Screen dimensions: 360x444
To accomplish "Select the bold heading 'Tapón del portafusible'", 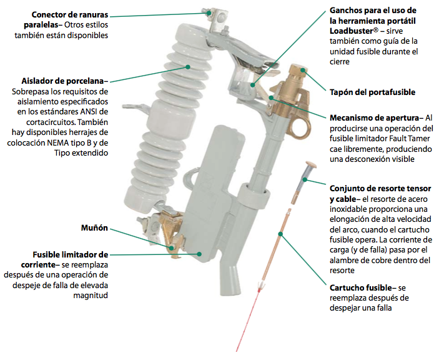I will pos(372,92).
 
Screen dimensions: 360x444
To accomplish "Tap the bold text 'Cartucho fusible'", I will pos(362,287).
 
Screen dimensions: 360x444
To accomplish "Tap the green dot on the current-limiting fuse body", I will pos(199,254).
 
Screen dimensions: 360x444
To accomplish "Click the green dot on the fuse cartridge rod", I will pos(282,234).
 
